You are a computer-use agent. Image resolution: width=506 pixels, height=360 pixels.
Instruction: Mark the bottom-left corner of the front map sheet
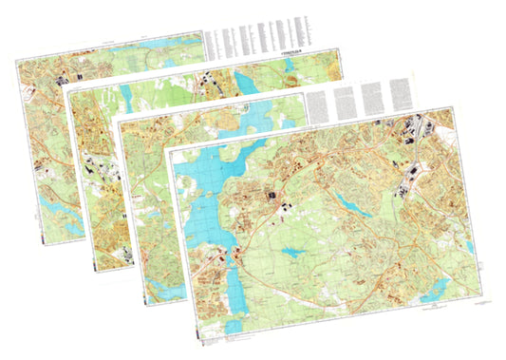[x=193, y=337]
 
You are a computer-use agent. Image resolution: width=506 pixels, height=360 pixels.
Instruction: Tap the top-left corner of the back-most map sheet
[x=17, y=59]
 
